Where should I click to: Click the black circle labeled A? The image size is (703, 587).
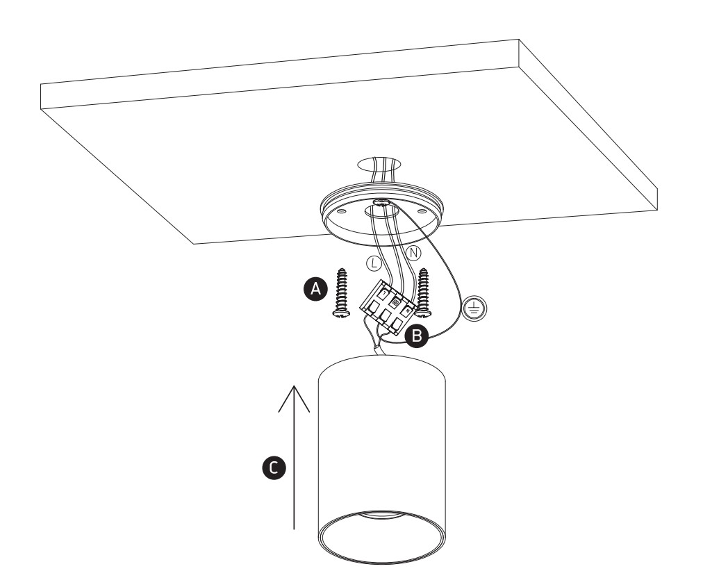point(316,289)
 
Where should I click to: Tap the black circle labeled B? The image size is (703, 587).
point(417,336)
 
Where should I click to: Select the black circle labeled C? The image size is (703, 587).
point(274,468)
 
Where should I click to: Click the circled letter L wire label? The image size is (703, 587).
point(374,263)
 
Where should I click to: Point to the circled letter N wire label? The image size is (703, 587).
point(414,254)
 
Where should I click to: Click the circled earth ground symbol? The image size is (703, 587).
point(474,308)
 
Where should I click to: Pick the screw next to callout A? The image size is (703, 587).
point(342,293)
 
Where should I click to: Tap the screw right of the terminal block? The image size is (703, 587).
point(423,293)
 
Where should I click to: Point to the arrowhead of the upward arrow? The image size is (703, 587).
point(294,386)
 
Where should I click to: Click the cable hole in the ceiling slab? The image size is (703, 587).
point(379,164)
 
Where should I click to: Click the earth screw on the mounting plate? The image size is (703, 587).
point(381,202)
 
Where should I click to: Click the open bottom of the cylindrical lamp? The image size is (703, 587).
point(382,538)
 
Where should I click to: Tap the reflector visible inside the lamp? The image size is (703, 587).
point(381,515)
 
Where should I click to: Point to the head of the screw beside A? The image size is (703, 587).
point(341,313)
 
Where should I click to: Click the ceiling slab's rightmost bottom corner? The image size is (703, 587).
point(657,210)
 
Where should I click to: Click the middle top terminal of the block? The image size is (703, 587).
point(395,303)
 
